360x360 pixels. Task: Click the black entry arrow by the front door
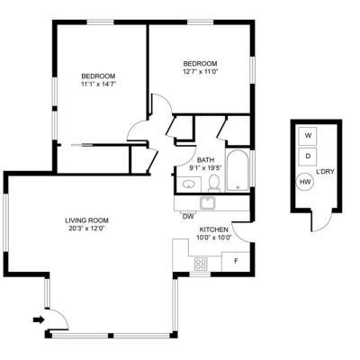click(39, 319)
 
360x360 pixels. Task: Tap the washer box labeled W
click(308, 136)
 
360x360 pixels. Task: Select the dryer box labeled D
click(308, 157)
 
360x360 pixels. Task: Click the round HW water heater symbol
click(305, 182)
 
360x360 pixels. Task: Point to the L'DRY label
click(325, 172)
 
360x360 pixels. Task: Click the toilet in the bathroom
click(214, 183)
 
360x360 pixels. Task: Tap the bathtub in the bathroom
click(238, 170)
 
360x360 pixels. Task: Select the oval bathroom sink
click(188, 184)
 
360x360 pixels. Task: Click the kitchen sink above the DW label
click(207, 202)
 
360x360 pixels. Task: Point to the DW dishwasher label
click(188, 217)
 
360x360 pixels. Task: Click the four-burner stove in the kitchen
click(201, 264)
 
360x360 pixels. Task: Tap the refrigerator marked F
click(236, 261)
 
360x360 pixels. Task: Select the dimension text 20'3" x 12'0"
click(86, 229)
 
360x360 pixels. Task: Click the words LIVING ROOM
click(86, 220)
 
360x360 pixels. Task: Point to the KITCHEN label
click(214, 229)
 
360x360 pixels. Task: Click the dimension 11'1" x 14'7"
click(98, 84)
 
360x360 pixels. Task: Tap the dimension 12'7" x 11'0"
click(200, 71)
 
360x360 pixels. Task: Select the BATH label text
click(205, 160)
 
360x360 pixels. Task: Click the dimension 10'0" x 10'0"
click(214, 238)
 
